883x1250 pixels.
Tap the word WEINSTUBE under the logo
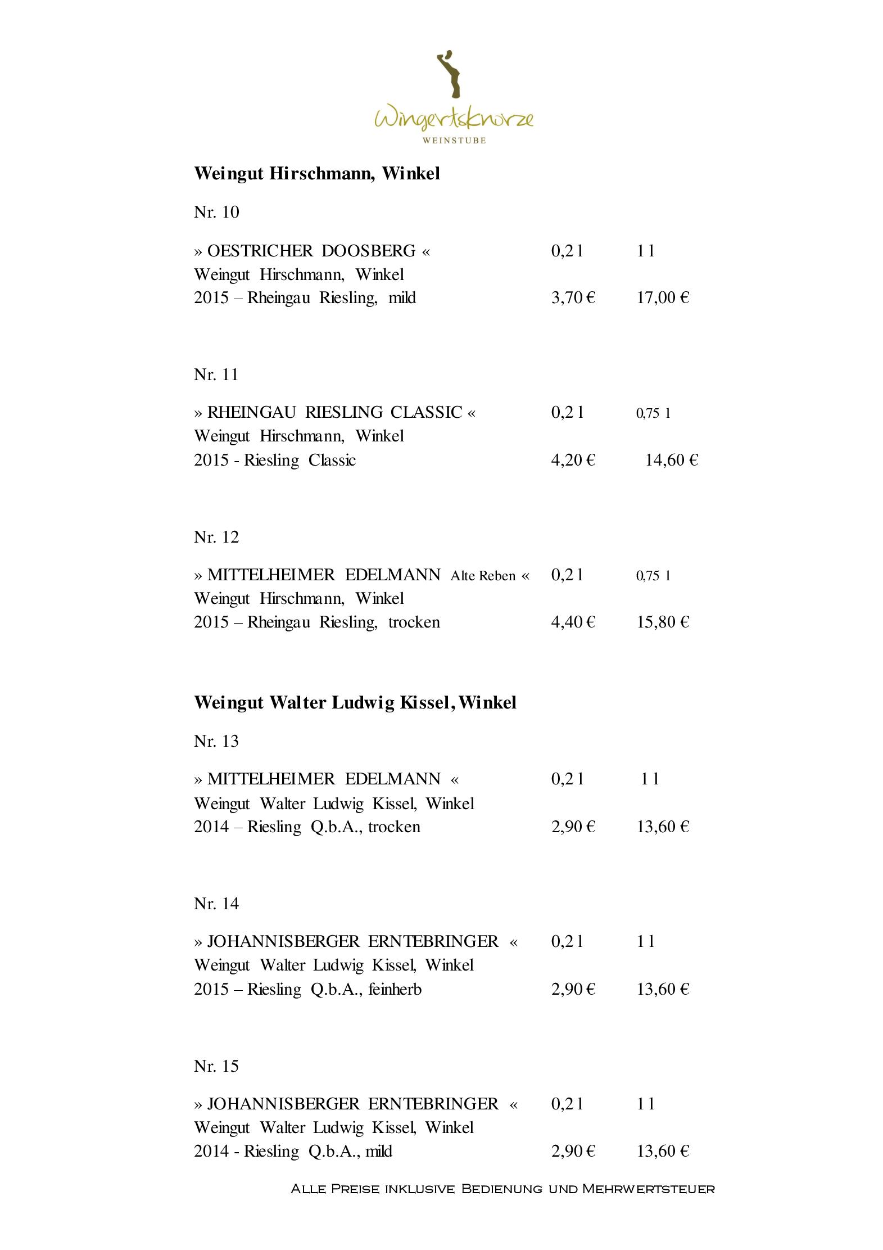[454, 140]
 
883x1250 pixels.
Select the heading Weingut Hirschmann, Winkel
[316, 174]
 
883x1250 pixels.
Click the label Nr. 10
[216, 212]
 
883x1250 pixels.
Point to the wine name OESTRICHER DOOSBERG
[311, 251]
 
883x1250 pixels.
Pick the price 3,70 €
[573, 297]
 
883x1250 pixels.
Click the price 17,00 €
[663, 297]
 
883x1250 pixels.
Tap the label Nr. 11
[216, 374]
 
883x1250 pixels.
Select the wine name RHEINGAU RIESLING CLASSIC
[334, 413]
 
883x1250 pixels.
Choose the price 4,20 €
[573, 461]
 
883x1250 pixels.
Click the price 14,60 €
[671, 461]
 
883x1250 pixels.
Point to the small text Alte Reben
[483, 576]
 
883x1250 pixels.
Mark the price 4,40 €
[573, 622]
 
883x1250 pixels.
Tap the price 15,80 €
[663, 622]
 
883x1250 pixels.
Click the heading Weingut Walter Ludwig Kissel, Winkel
[355, 703]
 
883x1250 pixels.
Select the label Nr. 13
[216, 741]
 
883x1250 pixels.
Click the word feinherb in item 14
[395, 989]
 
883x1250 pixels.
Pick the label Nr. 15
[216, 1066]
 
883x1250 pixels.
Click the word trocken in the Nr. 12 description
[414, 622]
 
